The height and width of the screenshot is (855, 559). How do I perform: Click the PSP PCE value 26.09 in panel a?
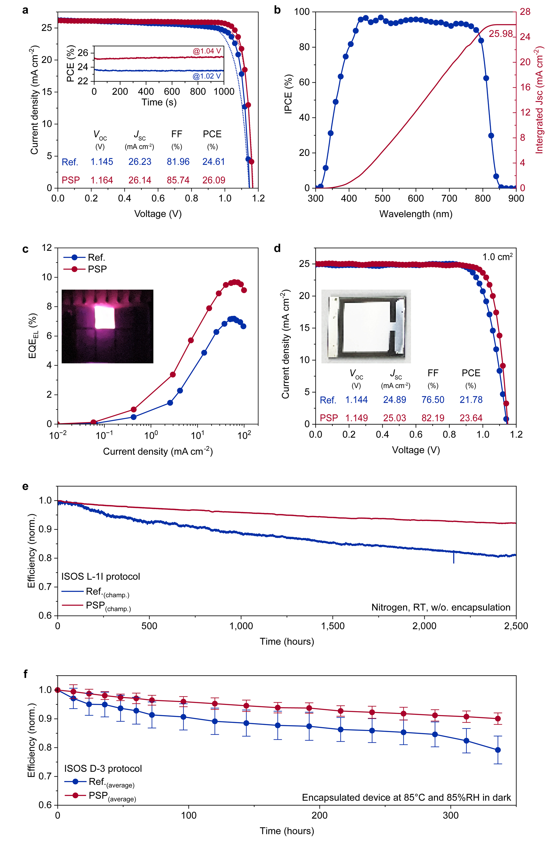click(214, 180)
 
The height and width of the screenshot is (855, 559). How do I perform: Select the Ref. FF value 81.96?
click(178, 162)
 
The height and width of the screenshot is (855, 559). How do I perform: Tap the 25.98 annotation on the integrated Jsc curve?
click(500, 34)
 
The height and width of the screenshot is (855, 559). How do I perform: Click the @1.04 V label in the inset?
click(207, 51)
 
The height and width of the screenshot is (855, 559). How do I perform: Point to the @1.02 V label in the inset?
click(207, 76)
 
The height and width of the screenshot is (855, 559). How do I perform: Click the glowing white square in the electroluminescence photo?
click(105, 317)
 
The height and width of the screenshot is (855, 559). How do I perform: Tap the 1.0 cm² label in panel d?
click(497, 257)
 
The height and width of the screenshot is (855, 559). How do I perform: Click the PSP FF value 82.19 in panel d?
click(433, 418)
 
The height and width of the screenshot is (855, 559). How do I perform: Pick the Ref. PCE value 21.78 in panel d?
click(471, 399)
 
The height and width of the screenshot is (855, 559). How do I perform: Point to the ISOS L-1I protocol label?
click(101, 576)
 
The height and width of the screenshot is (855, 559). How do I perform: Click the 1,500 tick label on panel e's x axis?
click(333, 626)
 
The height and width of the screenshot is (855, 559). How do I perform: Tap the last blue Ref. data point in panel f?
click(498, 750)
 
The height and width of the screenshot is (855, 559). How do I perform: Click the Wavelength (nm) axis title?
click(416, 214)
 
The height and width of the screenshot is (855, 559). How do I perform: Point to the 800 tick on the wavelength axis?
click(482, 198)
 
